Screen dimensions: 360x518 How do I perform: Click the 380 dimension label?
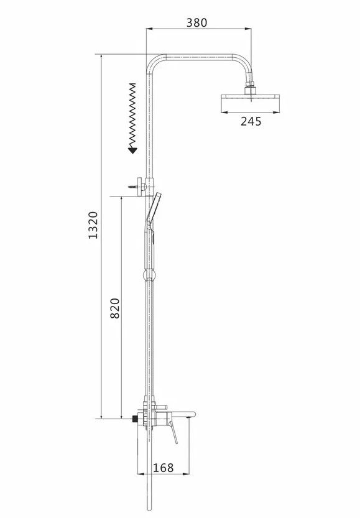[197, 22]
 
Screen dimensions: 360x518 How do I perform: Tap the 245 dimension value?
[251, 122]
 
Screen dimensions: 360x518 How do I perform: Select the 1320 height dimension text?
[93, 225]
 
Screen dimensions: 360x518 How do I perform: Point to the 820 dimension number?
[114, 308]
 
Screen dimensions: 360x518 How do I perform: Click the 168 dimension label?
[163, 468]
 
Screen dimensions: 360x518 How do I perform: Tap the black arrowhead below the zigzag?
[132, 150]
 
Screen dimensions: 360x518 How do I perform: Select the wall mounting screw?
[134, 187]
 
